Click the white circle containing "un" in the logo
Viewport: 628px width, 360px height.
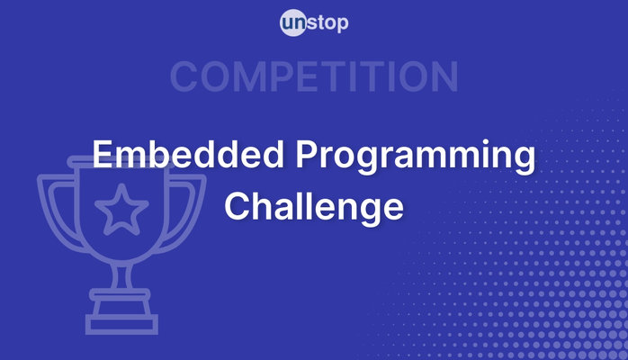pyautogui.click(x=293, y=23)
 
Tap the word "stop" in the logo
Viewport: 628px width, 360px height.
pyautogui.click(x=327, y=23)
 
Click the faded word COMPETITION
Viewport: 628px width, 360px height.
pyautogui.click(x=314, y=77)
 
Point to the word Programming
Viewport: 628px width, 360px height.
pyautogui.click(x=415, y=158)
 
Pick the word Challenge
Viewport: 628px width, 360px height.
pyautogui.click(x=314, y=207)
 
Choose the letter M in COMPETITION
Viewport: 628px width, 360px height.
pyautogui.click(x=248, y=77)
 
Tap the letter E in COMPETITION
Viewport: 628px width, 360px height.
pyautogui.click(x=309, y=77)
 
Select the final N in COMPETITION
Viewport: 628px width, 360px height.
pyautogui.click(x=444, y=77)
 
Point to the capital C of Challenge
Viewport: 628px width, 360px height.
pyautogui.click(x=238, y=206)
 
